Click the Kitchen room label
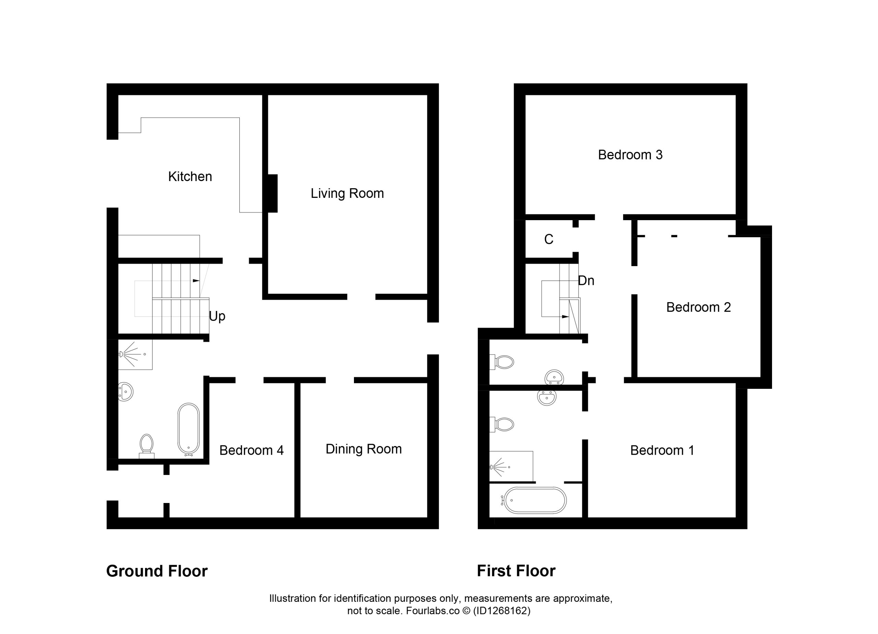[x=190, y=177]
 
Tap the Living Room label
[x=347, y=193]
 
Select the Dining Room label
[x=364, y=449]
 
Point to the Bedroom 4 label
[x=252, y=451]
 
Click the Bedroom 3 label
[x=630, y=155]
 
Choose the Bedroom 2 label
[x=698, y=307]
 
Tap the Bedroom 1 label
[x=662, y=451]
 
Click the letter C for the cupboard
[x=548, y=240]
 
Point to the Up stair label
[x=217, y=316]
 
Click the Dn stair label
[x=586, y=280]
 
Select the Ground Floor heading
[x=157, y=571]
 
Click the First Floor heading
[x=516, y=571]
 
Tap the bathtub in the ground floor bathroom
[x=189, y=429]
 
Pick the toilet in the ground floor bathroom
[x=147, y=446]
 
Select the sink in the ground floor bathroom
[x=126, y=392]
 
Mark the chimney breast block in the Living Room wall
[x=273, y=193]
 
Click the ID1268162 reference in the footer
[x=502, y=611]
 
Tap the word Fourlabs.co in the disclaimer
[x=433, y=611]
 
